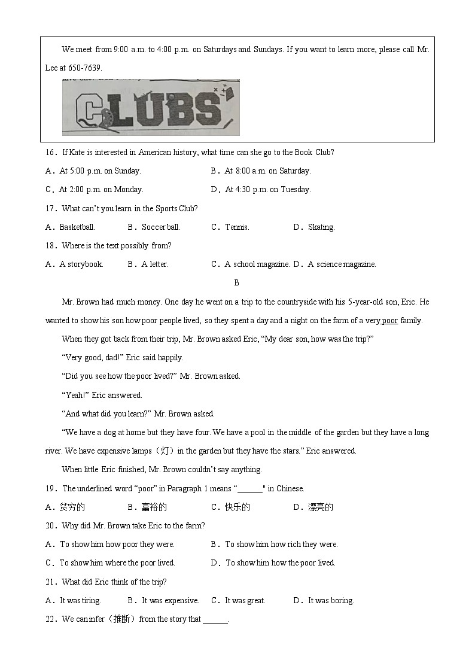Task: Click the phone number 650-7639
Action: click(86, 68)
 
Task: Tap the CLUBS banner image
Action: click(151, 108)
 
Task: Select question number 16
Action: click(51, 152)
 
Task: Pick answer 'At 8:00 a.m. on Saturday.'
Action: click(267, 171)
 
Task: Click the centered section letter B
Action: click(236, 282)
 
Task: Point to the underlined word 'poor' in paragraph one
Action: click(389, 320)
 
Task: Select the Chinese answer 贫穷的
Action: click(72, 507)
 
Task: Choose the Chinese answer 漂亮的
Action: click(320, 507)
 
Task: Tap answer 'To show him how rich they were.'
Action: click(281, 544)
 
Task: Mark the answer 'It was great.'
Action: click(245, 600)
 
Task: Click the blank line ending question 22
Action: click(215, 620)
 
